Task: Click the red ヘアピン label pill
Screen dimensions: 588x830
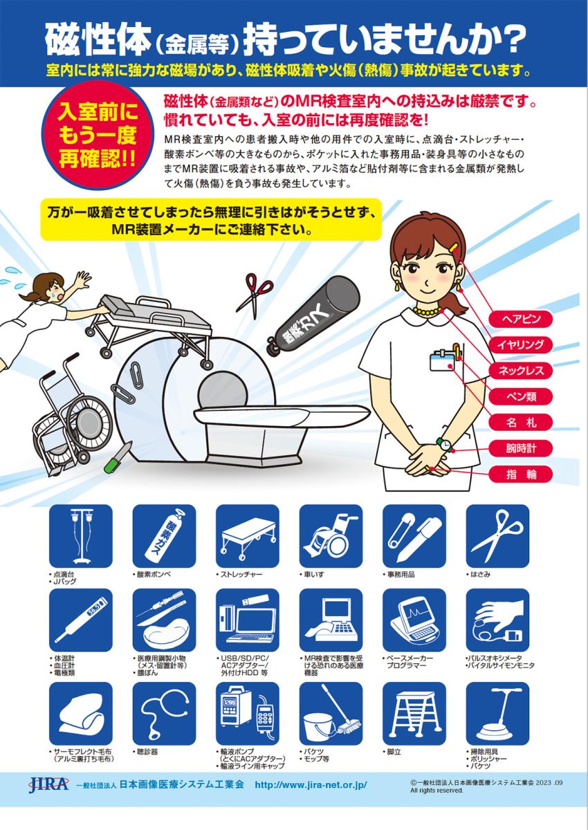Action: [521, 319]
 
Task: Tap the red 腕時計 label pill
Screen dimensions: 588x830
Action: [521, 448]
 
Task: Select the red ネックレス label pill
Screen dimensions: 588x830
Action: [521, 371]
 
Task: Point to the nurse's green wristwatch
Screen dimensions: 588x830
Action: [445, 444]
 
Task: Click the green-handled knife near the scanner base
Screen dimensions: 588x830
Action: [117, 458]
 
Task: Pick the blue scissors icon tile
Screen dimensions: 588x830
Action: [497, 536]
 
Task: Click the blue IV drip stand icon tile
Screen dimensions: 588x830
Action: [81, 536]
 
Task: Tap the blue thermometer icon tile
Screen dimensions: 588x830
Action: [81, 620]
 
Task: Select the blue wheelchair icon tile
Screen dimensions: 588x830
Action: [331, 536]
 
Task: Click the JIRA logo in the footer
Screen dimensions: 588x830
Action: [48, 784]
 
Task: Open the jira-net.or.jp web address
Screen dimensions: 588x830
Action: [311, 784]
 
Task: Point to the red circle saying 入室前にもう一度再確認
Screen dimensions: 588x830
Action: [98, 136]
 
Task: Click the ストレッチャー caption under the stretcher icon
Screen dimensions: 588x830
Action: [239, 575]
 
